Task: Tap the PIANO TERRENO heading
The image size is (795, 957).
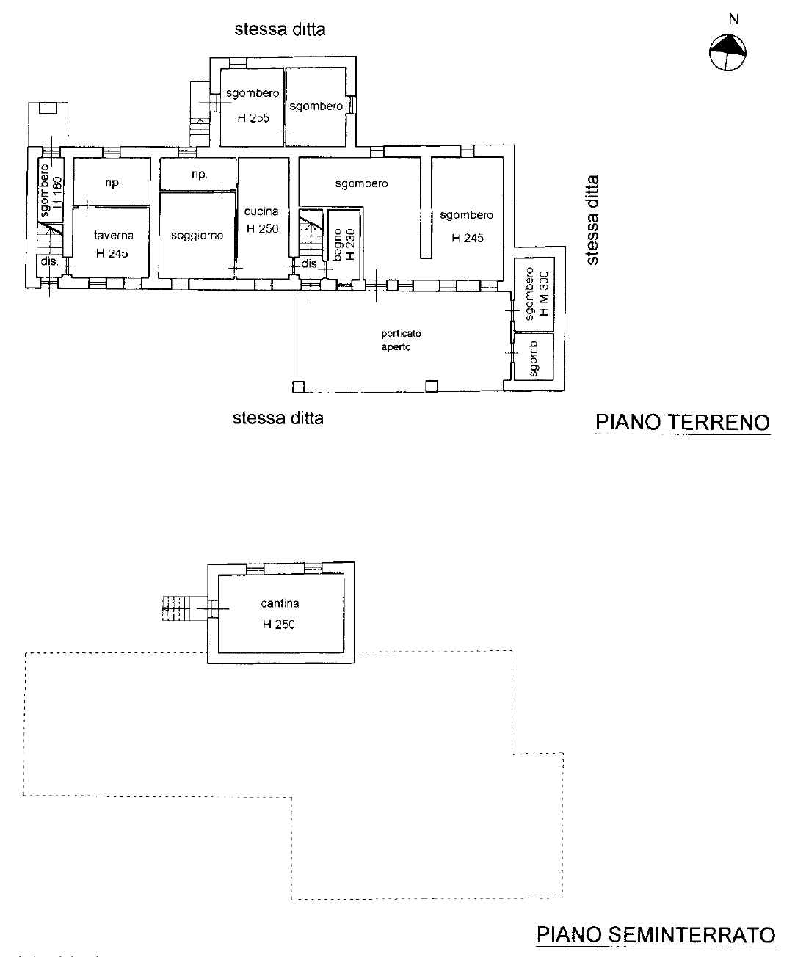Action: (683, 422)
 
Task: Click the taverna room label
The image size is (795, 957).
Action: (114, 235)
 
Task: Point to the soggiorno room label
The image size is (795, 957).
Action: (197, 236)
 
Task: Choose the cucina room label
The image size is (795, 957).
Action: (261, 211)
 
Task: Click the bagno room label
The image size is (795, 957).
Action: (337, 245)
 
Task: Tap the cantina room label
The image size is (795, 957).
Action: (280, 603)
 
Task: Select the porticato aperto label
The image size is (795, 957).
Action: (401, 340)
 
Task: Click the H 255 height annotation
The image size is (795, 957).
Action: (253, 118)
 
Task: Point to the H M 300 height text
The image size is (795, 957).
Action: (544, 294)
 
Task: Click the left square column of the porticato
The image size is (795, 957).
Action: (299, 387)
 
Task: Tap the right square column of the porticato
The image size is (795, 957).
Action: (432, 386)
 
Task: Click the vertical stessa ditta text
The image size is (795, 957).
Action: (593, 220)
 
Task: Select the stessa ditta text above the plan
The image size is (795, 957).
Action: (280, 29)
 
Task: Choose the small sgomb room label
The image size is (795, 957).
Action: (533, 359)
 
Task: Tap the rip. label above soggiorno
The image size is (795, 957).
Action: (200, 174)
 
